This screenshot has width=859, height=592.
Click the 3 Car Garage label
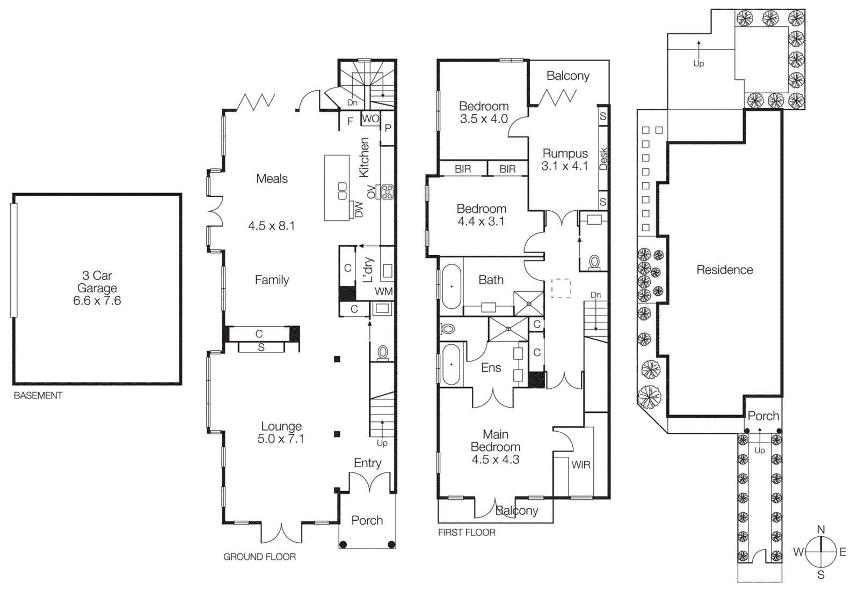tap(97, 282)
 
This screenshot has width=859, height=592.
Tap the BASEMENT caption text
tap(38, 395)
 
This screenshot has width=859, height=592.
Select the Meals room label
tap(272, 179)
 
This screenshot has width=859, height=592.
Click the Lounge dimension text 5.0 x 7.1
tap(281, 439)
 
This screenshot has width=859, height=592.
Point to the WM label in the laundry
tap(383, 292)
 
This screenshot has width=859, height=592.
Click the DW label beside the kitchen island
tap(359, 209)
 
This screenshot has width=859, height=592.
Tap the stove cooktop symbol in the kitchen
tap(387, 191)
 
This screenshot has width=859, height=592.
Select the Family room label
tap(272, 280)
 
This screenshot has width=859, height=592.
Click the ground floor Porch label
tap(367, 521)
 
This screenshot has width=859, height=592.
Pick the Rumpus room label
tap(565, 154)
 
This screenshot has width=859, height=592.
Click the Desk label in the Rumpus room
tap(603, 159)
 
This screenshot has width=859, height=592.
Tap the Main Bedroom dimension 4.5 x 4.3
tap(496, 460)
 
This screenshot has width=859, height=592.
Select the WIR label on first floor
tap(580, 465)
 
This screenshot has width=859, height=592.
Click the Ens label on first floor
tap(491, 368)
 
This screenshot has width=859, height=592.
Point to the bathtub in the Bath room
tap(452, 286)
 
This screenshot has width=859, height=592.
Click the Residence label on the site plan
tap(725, 270)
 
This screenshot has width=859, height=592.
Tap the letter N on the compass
tap(820, 529)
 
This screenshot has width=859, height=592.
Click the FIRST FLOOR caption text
tap(467, 532)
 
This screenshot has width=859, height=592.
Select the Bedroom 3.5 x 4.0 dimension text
tap(484, 119)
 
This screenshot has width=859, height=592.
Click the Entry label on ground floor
tap(367, 463)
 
